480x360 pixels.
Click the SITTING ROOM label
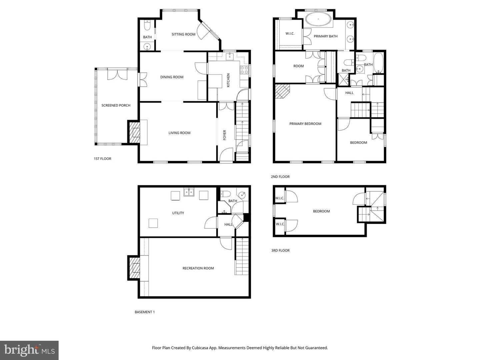(x=183, y=34)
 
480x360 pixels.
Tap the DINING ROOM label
(x=172, y=77)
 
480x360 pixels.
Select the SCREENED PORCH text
(x=116, y=105)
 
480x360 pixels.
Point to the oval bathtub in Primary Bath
(x=318, y=19)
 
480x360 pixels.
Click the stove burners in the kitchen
(x=244, y=70)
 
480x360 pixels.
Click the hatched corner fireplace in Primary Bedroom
(x=282, y=91)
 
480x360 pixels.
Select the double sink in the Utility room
(x=189, y=192)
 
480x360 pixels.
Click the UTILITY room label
(x=178, y=213)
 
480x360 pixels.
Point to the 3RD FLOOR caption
(x=280, y=250)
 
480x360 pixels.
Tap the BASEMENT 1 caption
(x=145, y=312)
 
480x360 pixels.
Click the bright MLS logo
(x=29, y=350)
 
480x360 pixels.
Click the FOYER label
(x=224, y=135)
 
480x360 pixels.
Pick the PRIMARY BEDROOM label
(x=305, y=124)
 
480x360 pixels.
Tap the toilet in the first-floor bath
(x=147, y=25)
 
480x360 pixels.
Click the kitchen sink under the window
(x=230, y=56)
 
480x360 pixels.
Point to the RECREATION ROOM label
(x=198, y=268)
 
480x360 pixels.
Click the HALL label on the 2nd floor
(x=349, y=93)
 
